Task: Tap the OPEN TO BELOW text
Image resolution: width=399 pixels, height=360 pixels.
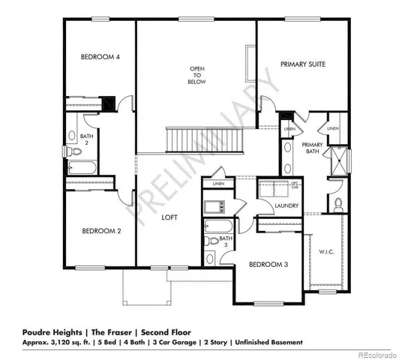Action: pyautogui.click(x=196, y=75)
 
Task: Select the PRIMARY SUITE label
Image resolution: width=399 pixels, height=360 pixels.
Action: pyautogui.click(x=303, y=65)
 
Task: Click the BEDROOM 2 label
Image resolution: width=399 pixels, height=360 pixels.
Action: pyautogui.click(x=101, y=231)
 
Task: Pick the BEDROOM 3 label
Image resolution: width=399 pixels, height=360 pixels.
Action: pyautogui.click(x=268, y=264)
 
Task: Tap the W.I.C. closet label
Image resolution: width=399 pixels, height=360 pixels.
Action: pyautogui.click(x=325, y=251)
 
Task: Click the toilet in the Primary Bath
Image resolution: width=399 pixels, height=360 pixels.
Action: pyautogui.click(x=338, y=203)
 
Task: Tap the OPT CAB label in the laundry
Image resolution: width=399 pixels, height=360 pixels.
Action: pyautogui.click(x=295, y=184)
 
